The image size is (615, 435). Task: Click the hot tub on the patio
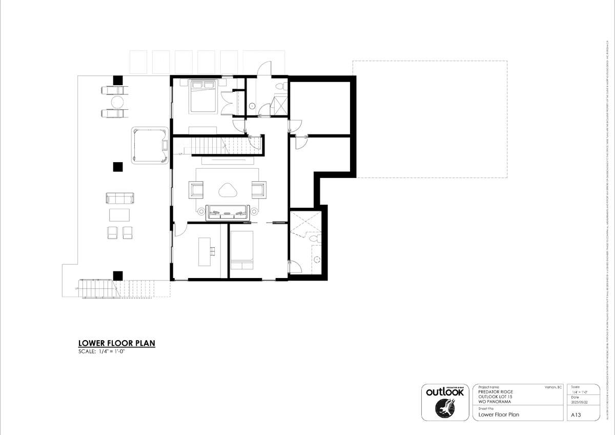tap(150, 146)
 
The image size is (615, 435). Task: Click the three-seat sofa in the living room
tap(228, 211)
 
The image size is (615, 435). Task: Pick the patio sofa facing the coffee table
tap(120, 198)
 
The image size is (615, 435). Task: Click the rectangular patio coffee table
tap(120, 214)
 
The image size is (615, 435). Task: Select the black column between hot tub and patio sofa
tap(118, 167)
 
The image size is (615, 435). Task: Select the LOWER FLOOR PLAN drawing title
tap(116, 343)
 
